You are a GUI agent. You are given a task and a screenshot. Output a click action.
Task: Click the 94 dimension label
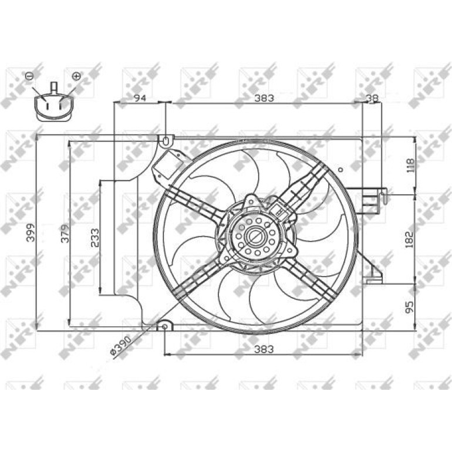point(140,98)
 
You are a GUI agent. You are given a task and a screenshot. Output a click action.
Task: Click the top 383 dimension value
point(264,98)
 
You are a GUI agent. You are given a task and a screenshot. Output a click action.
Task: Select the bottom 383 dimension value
point(264,349)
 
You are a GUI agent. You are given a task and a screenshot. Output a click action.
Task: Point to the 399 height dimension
point(31,232)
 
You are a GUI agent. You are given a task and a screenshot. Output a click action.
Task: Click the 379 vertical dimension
point(65,233)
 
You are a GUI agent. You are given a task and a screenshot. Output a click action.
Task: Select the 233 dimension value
point(95,238)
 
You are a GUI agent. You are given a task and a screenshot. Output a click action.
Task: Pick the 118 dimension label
point(410,165)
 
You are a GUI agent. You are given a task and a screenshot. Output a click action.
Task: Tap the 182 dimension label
point(410,240)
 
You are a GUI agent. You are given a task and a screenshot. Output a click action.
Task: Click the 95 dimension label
point(410,306)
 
